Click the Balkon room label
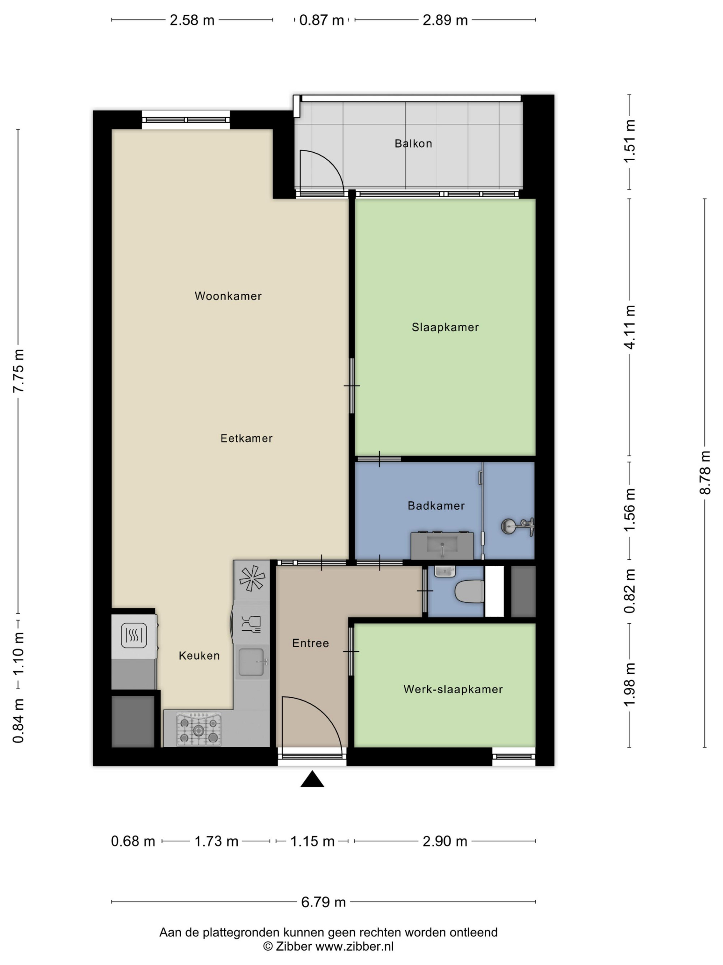pyautogui.click(x=413, y=144)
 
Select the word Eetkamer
pyautogui.click(x=246, y=438)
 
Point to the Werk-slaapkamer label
pyautogui.click(x=453, y=689)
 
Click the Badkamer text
pyautogui.click(x=436, y=505)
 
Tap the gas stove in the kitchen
pyautogui.click(x=199, y=729)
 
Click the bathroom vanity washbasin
pyautogui.click(x=442, y=545)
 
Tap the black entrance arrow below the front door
pyautogui.click(x=312, y=779)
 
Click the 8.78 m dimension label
pyautogui.click(x=705, y=473)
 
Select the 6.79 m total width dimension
pyautogui.click(x=324, y=902)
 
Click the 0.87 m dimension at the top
pyautogui.click(x=322, y=20)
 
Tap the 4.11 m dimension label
pyautogui.click(x=629, y=327)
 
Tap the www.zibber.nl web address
pyautogui.click(x=354, y=946)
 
